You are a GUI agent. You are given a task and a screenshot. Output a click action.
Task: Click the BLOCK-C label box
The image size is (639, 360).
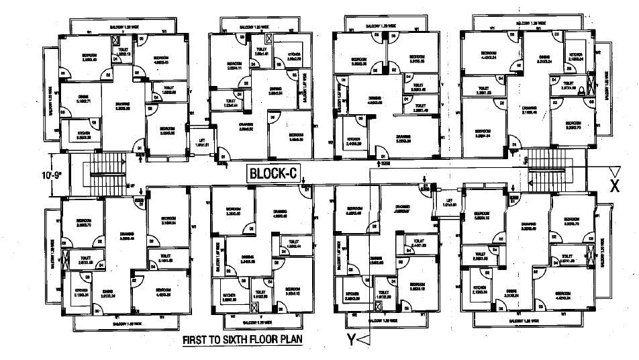273,173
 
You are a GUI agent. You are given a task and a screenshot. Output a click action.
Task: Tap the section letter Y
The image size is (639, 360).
350,339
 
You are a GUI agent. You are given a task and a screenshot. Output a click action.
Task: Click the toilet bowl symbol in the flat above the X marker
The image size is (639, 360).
590,85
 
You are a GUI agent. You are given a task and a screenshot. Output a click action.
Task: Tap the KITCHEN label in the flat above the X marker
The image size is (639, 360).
576,56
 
